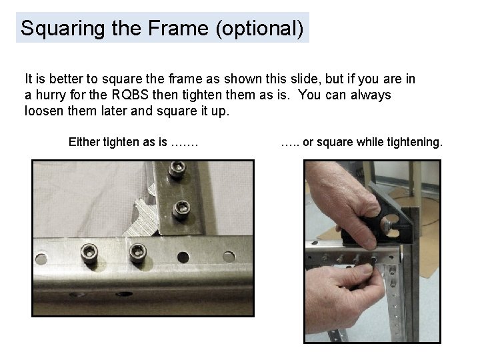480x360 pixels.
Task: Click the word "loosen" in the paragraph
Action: tap(44, 111)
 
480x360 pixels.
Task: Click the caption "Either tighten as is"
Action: tap(133, 142)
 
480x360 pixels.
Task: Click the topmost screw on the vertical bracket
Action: tap(177, 171)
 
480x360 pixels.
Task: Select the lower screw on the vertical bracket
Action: tap(181, 209)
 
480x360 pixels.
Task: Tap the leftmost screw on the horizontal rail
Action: tap(89, 253)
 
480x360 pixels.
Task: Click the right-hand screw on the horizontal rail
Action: tap(137, 252)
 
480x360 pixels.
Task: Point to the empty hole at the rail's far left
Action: tap(41, 257)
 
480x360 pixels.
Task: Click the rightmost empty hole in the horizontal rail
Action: tap(229, 256)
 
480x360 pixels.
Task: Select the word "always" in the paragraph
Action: tap(364, 95)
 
